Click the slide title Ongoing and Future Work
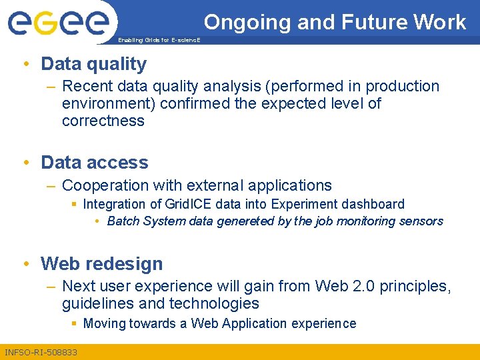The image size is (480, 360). click(335, 22)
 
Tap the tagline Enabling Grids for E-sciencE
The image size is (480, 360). click(158, 40)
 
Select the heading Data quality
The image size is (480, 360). click(93, 64)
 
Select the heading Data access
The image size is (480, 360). click(94, 163)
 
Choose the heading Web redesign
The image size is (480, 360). click(101, 264)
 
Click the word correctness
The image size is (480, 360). click(103, 121)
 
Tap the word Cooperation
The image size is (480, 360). click(103, 185)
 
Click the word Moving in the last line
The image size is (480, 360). click(104, 324)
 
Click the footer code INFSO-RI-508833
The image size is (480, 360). click(41, 352)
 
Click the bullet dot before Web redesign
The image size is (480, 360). click(25, 264)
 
